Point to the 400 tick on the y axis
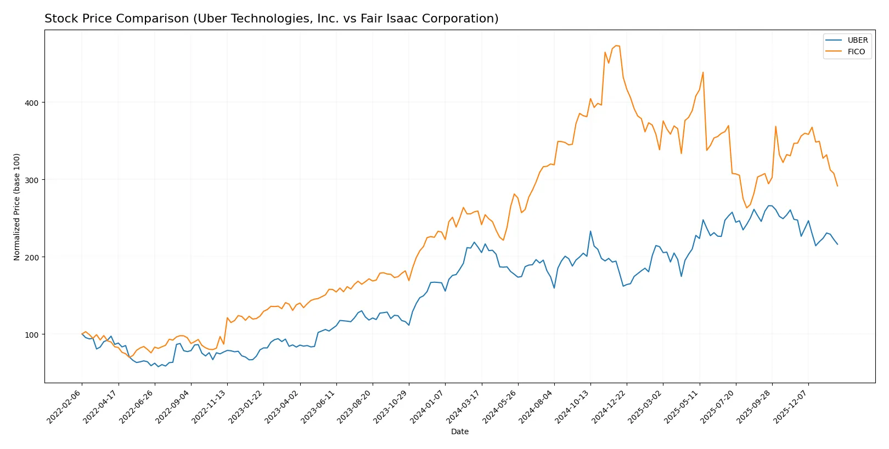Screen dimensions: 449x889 pyautogui.click(x=32, y=103)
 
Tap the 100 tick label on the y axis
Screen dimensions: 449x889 pyautogui.click(x=32, y=334)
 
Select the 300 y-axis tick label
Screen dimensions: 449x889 pyautogui.click(x=32, y=180)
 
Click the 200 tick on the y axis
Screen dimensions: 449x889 pyautogui.click(x=32, y=257)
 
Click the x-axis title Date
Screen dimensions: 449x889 pyautogui.click(x=459, y=431)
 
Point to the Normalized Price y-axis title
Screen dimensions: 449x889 pyautogui.click(x=17, y=207)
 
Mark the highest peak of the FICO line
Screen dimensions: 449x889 pyautogui.click(x=616, y=46)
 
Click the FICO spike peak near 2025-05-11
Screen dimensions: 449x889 pyautogui.click(x=703, y=72)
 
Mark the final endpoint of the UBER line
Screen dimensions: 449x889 pyautogui.click(x=837, y=244)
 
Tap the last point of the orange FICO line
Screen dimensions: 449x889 pyautogui.click(x=837, y=186)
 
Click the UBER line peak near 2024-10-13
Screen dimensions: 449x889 pyautogui.click(x=590, y=231)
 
